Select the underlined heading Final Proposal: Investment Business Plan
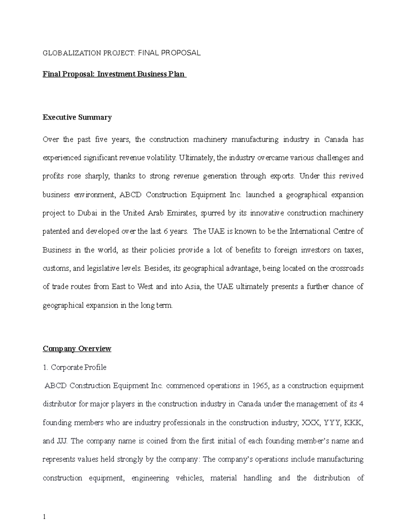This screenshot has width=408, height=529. (114, 74)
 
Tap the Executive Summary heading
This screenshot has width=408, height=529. (77, 118)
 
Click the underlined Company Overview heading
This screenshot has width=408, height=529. (77, 349)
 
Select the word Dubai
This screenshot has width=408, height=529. (87, 213)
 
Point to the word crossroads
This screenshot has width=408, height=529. (346, 268)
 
